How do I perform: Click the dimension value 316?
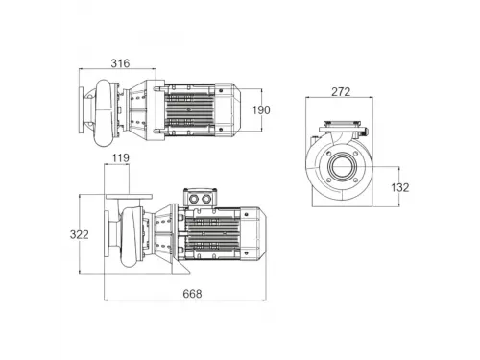click(120, 63)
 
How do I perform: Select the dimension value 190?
click(261, 110)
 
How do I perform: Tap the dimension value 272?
click(341, 92)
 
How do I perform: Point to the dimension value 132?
click(400, 187)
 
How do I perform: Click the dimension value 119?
click(121, 157)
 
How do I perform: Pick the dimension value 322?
click(79, 234)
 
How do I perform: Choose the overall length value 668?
click(192, 294)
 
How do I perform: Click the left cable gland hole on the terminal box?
click(194, 199)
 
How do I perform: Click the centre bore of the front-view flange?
click(343, 166)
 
